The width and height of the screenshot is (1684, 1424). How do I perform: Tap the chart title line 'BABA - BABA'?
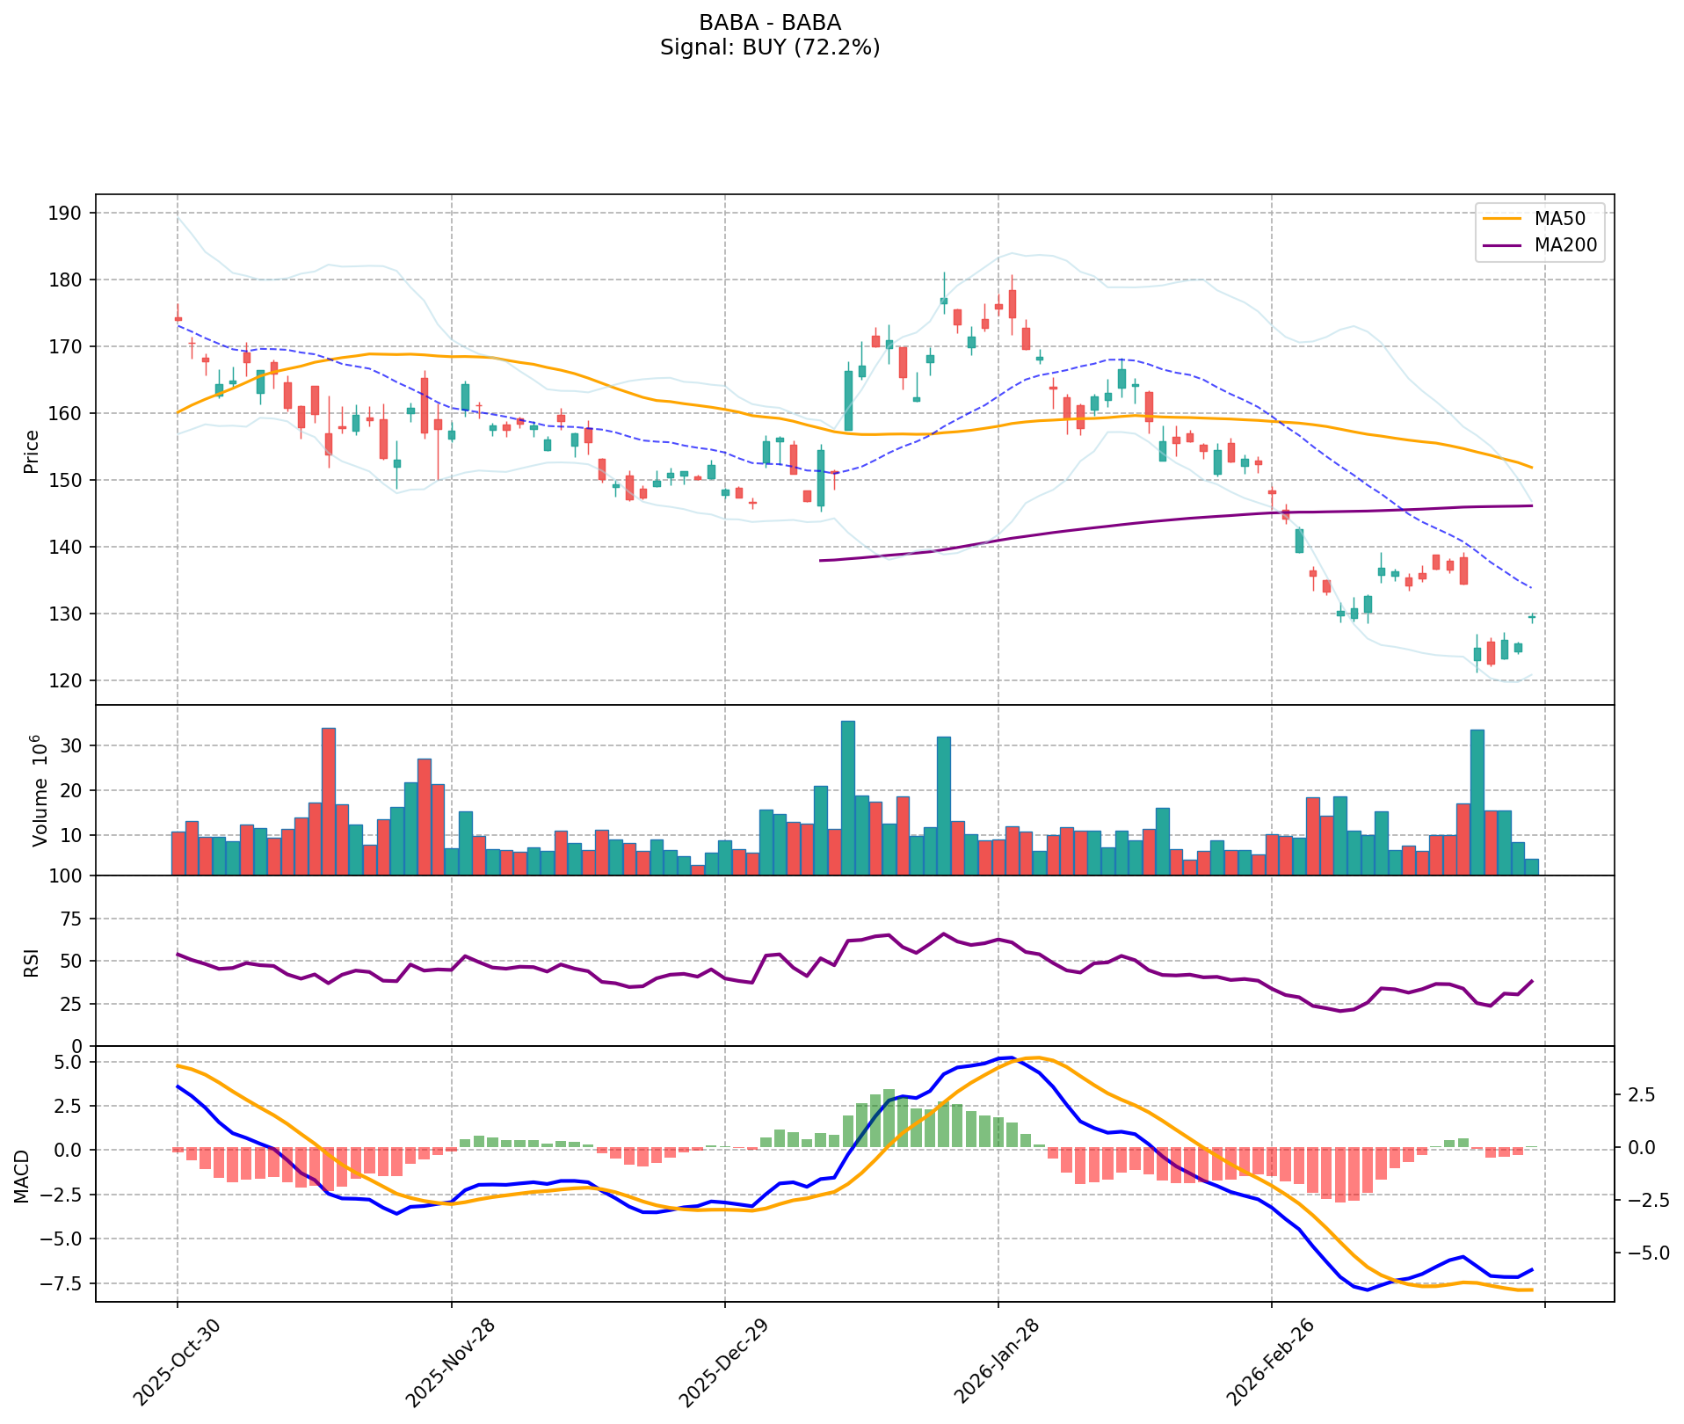[770, 23]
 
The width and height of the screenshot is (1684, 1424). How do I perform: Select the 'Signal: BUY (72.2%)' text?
[770, 47]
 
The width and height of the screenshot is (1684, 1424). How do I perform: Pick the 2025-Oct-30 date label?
[177, 1359]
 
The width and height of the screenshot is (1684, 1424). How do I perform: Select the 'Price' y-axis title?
[32, 451]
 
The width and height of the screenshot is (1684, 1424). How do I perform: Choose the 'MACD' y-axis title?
[21, 1175]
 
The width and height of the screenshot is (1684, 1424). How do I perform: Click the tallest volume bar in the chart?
[848, 798]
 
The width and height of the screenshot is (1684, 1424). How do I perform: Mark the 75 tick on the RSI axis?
[72, 919]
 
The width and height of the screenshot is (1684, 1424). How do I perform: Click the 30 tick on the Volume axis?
[72, 745]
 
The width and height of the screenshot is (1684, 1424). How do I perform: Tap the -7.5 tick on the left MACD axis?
[63, 1283]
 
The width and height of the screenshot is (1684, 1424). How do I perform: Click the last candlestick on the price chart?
[1532, 618]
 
